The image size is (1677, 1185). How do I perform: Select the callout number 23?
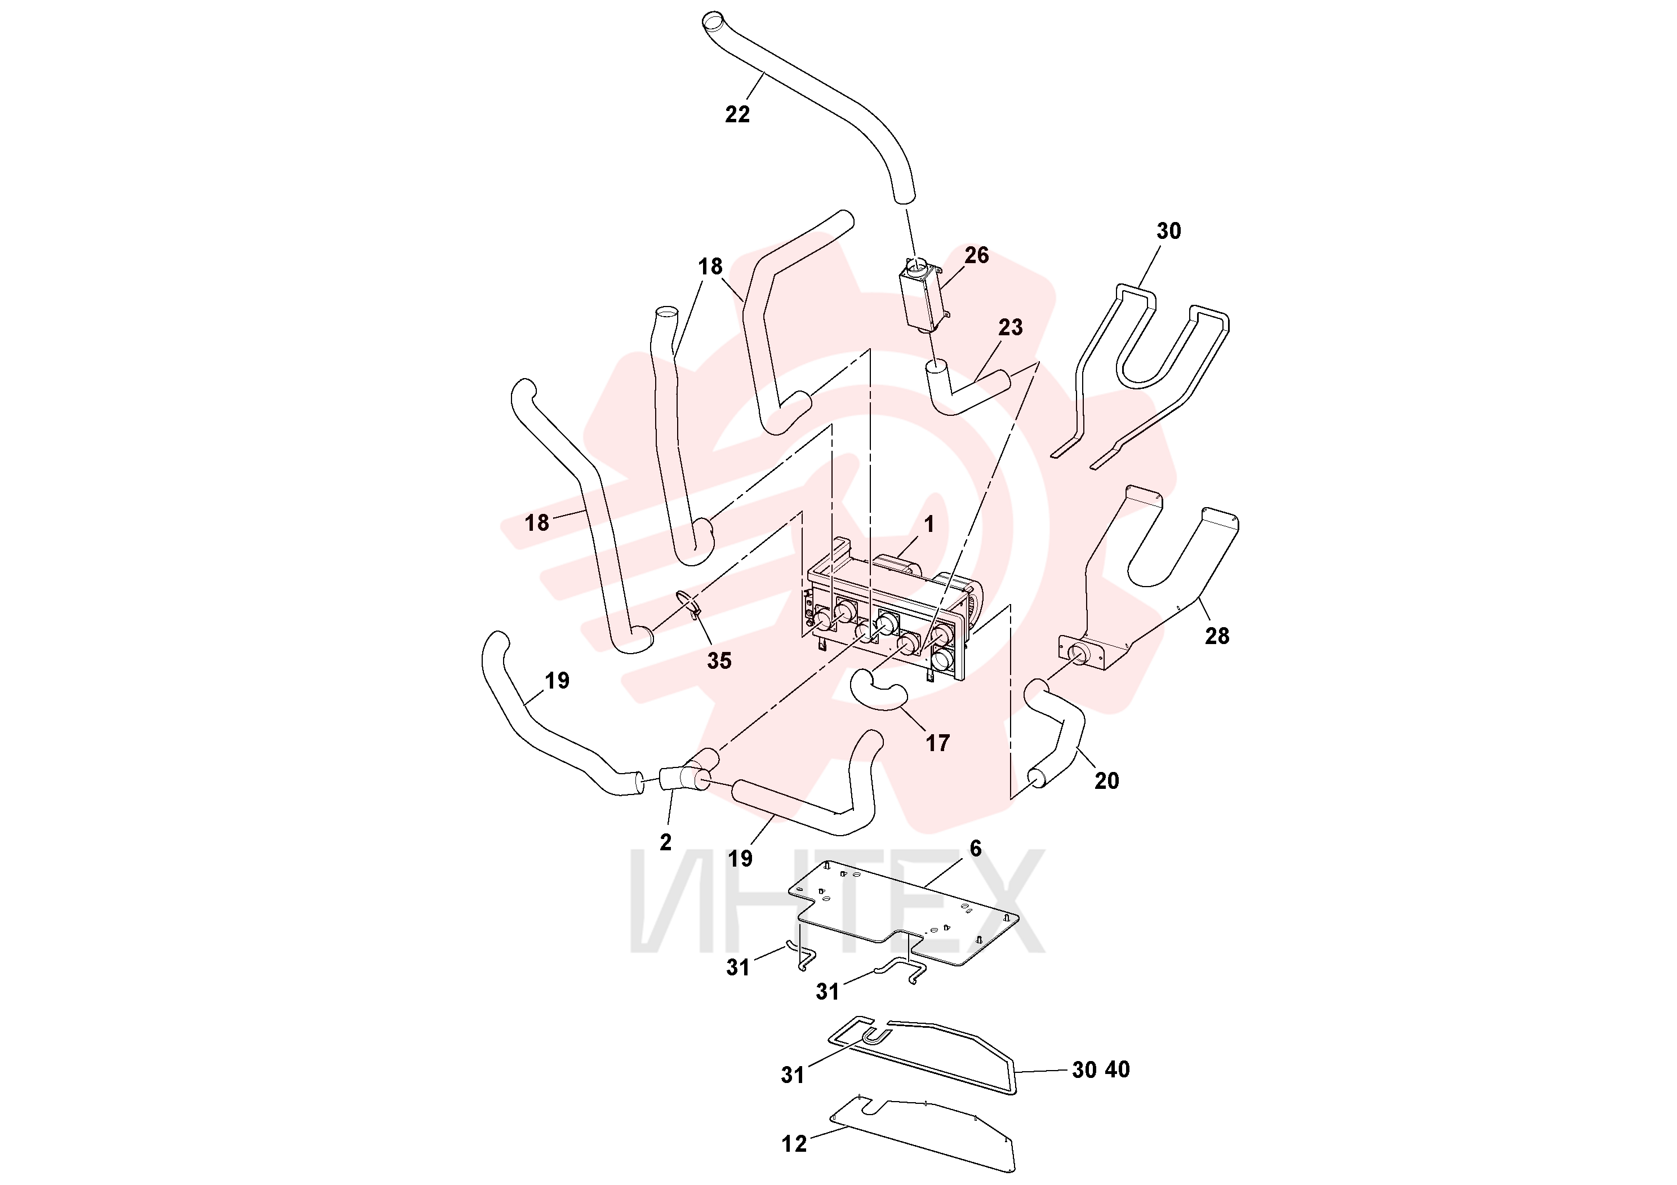[x=1010, y=327]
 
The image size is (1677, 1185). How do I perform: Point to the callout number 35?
[x=719, y=660]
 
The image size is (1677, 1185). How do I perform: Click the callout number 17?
[x=938, y=743]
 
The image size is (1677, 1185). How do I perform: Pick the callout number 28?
[x=1217, y=636]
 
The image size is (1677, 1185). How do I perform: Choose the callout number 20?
[x=1106, y=781]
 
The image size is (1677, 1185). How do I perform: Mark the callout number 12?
[x=794, y=1143]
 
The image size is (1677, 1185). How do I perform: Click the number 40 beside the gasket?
[x=1118, y=1069]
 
